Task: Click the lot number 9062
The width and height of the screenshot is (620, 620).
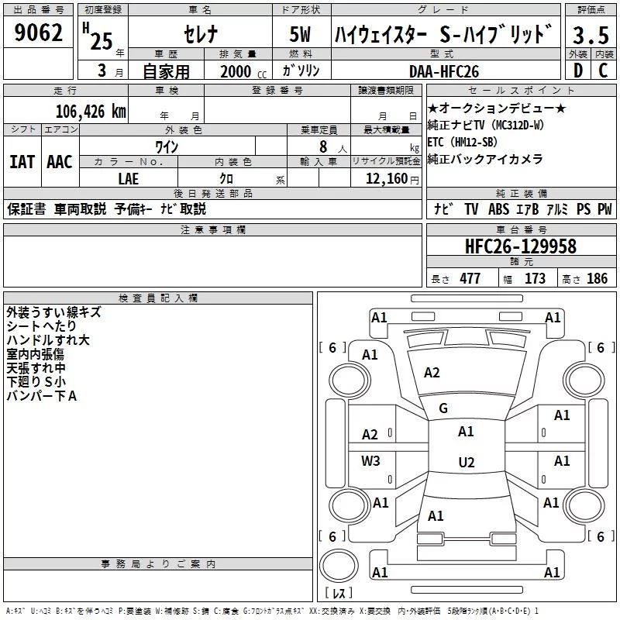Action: click(x=38, y=33)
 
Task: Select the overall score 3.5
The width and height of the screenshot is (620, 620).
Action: click(x=591, y=36)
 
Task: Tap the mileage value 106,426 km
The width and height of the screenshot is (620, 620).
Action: click(x=91, y=112)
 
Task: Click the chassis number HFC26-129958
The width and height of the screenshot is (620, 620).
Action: click(x=521, y=246)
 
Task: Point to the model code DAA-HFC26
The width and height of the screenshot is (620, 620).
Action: click(x=444, y=71)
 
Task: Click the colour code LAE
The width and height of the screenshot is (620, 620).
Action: click(x=129, y=179)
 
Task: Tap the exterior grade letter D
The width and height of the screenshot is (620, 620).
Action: click(x=578, y=71)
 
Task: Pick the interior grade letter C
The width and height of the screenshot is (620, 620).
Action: click(x=603, y=71)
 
